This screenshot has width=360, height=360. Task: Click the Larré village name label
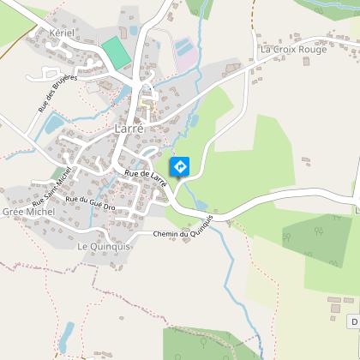pyautogui.click(x=128, y=129)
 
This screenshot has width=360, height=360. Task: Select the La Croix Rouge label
pyautogui.click(x=294, y=50)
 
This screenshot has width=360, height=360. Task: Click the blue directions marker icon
pyautogui.click(x=180, y=165)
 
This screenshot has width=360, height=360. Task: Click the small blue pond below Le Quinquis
pyautogui.click(x=67, y=335)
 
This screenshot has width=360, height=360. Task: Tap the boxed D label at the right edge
pyautogui.click(x=354, y=321)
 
